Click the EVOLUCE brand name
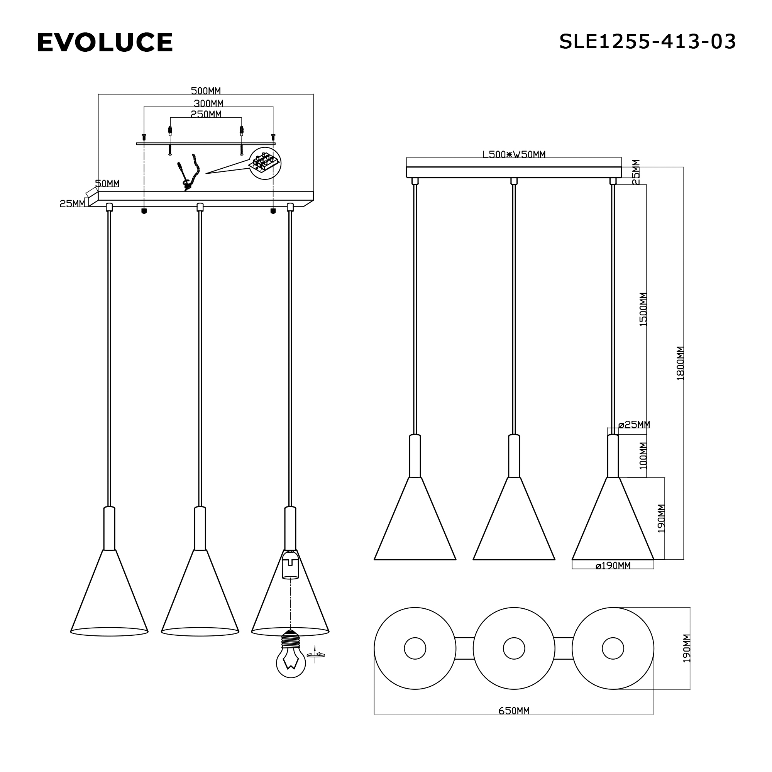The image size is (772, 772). pyautogui.click(x=105, y=42)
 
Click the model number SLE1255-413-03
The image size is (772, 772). pyautogui.click(x=647, y=42)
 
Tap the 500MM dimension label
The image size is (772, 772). pyautogui.click(x=205, y=91)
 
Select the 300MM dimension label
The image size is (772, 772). pyautogui.click(x=208, y=103)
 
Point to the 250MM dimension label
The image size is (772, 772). pyautogui.click(x=206, y=114)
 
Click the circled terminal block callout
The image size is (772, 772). pyautogui.click(x=264, y=163)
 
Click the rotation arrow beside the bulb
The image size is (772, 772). pyautogui.click(x=315, y=655)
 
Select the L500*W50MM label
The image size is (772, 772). pyautogui.click(x=513, y=154)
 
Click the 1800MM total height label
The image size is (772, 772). pyautogui.click(x=681, y=363)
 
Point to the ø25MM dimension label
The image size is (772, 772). pyautogui.click(x=634, y=424)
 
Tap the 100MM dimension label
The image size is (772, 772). pyautogui.click(x=643, y=455)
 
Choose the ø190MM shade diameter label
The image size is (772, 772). pyautogui.click(x=613, y=565)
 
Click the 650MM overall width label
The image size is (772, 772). pyautogui.click(x=514, y=711)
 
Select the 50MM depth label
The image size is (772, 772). pyautogui.click(x=107, y=183)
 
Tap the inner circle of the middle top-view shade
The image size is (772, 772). pyautogui.click(x=514, y=648)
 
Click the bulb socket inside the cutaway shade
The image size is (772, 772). pyautogui.click(x=291, y=564)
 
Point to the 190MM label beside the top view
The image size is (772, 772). pyautogui.click(x=686, y=648)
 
